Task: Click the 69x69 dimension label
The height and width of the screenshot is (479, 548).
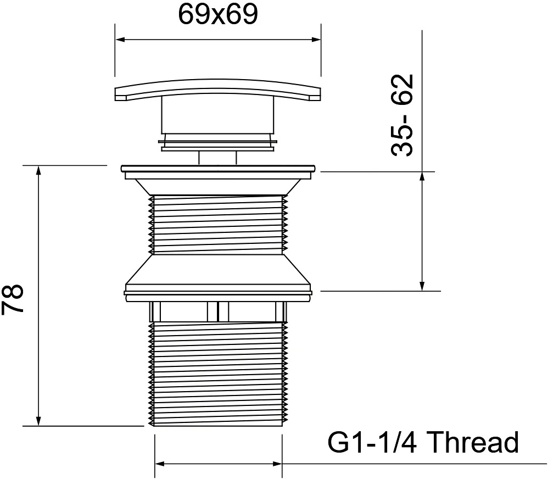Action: click(218, 15)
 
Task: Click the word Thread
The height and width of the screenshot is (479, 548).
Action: click(473, 442)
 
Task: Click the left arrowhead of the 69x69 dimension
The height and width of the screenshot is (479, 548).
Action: click(120, 40)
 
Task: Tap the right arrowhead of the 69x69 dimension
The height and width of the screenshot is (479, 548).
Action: click(316, 40)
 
